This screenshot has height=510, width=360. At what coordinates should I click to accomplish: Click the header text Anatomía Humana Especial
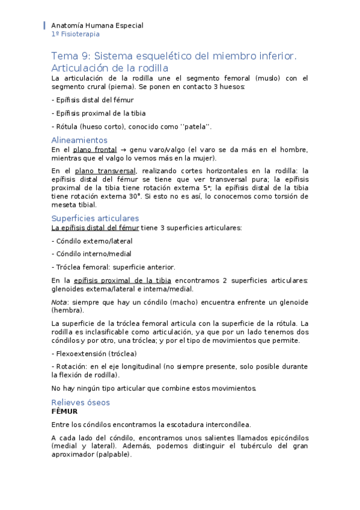coord(97,26)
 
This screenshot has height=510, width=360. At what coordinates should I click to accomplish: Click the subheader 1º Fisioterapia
coord(76,34)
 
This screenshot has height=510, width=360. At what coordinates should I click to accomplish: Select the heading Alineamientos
coord(79,140)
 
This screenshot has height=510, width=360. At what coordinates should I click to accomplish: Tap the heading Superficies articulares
coord(95,218)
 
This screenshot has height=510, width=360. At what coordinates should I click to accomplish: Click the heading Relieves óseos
coord(81,402)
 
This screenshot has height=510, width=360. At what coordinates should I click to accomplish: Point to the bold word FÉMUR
coord(64,411)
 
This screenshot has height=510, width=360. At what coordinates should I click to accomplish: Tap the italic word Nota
coord(59,301)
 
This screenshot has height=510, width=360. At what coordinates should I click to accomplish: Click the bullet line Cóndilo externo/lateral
coord(92,241)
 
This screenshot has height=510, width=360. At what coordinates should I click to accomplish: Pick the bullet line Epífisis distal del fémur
coord(93,100)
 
